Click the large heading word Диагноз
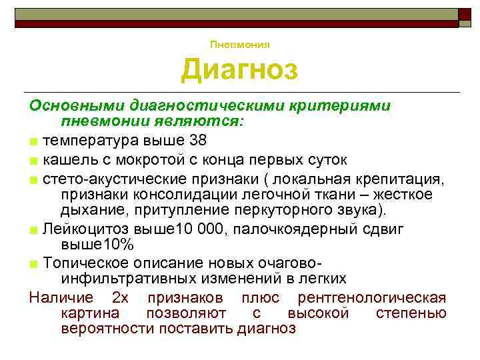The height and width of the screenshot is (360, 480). [240, 70]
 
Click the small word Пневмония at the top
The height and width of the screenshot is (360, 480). [240, 45]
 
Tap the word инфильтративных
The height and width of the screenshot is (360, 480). [129, 277]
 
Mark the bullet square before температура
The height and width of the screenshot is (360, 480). [33, 141]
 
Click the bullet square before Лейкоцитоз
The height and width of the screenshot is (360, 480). [33, 230]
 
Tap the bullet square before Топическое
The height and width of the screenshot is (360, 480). [33, 263]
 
